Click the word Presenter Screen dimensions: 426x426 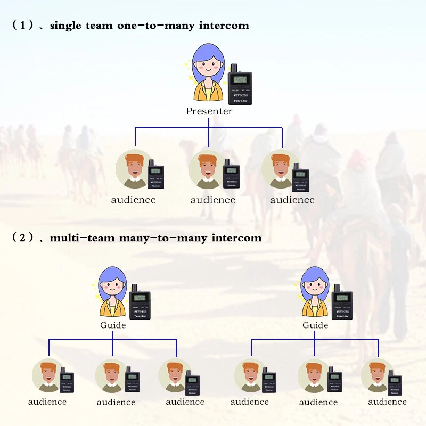point(209,111)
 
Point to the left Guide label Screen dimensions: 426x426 point(113,325)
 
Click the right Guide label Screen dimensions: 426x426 point(315,325)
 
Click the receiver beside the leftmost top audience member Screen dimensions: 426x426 point(155,175)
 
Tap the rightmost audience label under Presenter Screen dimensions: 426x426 point(292,200)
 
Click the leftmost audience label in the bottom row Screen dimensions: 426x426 point(47,402)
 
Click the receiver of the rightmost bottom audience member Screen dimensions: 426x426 point(395,382)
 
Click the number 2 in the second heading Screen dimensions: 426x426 point(22,237)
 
